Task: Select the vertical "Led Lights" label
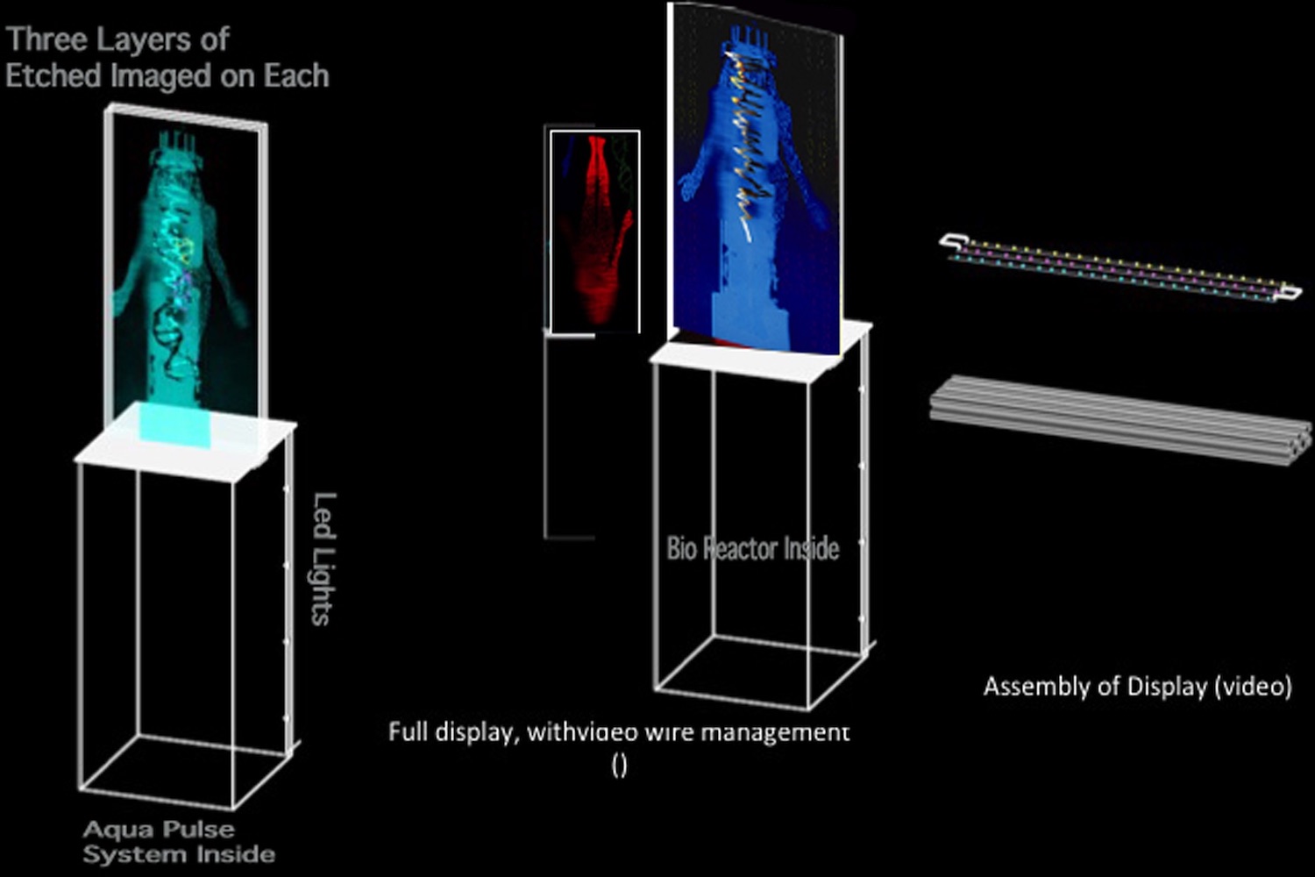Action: click(x=323, y=559)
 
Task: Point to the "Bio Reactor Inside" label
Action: click(x=753, y=549)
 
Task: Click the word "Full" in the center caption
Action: click(x=407, y=731)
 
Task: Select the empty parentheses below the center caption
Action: click(x=619, y=766)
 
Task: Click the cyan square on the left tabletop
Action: click(x=175, y=424)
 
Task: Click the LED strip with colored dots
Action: click(x=1118, y=267)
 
